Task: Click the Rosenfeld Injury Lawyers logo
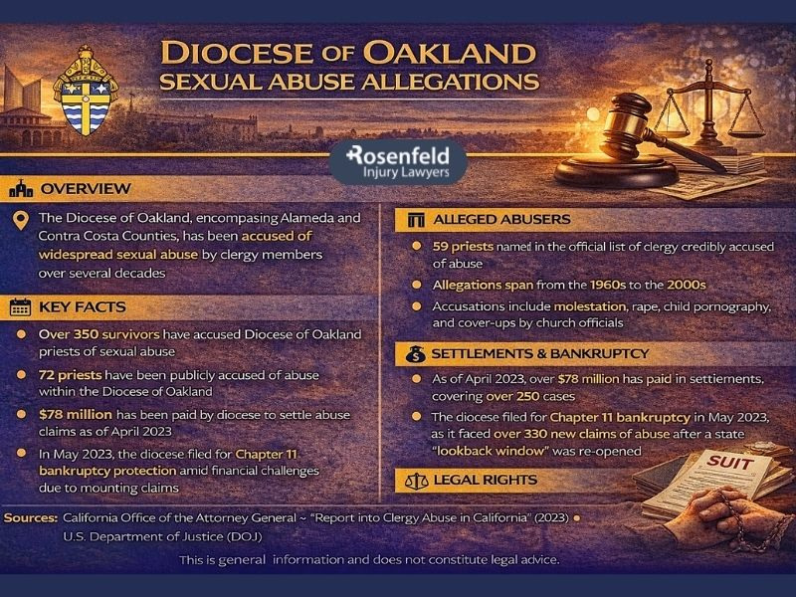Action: click(x=397, y=162)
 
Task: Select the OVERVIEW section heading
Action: click(x=84, y=188)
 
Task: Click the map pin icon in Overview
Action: click(x=19, y=220)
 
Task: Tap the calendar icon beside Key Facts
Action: click(x=19, y=307)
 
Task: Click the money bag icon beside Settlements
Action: click(x=416, y=352)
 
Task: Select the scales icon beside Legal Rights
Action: click(x=416, y=481)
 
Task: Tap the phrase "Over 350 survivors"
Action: click(x=103, y=334)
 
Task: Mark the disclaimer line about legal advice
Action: click(x=369, y=560)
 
